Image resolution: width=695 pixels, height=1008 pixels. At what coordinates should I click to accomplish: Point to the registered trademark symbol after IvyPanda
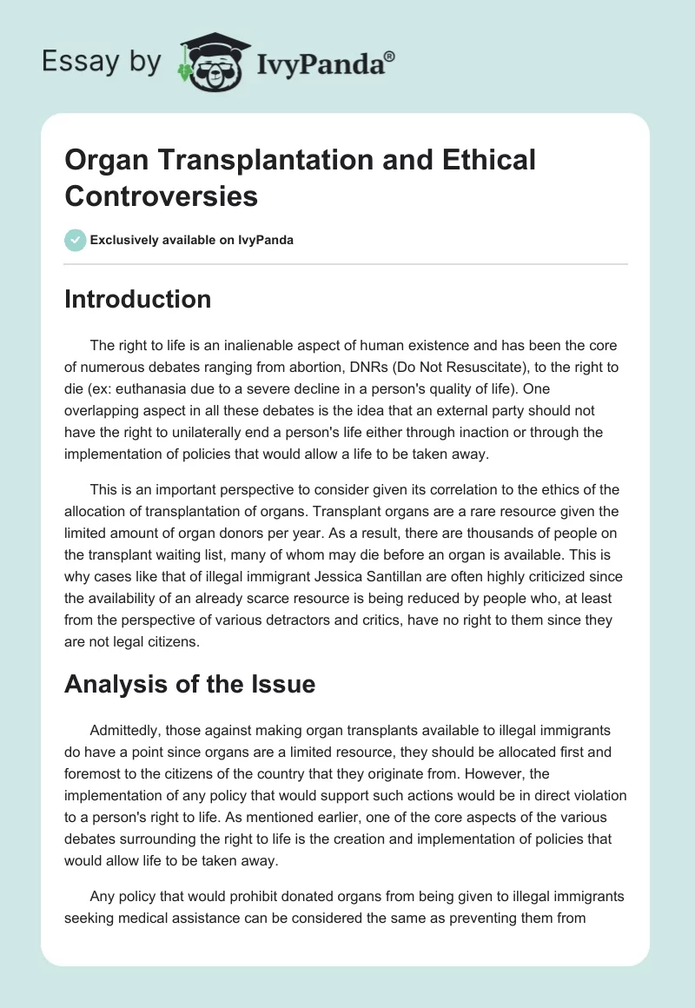point(390,56)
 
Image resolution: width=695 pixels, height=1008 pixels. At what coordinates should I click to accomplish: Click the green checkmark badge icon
point(76,240)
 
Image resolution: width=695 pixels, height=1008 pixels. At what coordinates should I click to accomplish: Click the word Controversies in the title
point(162,196)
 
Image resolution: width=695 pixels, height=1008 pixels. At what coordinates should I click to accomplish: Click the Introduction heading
point(138,299)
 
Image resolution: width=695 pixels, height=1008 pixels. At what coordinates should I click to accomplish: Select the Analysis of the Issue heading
point(189,685)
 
